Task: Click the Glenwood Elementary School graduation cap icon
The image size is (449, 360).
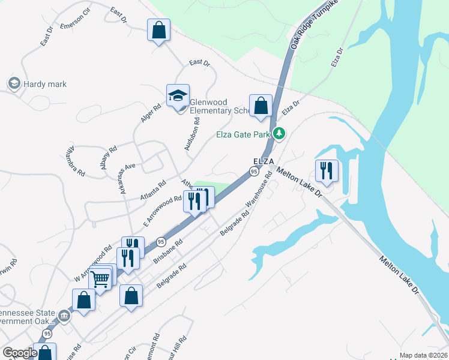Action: click(x=178, y=95)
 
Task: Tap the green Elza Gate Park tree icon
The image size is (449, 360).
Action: click(x=279, y=134)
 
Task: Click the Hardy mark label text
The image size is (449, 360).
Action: click(x=45, y=84)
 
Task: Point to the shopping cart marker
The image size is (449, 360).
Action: click(x=100, y=278)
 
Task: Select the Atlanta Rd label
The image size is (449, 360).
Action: click(x=152, y=191)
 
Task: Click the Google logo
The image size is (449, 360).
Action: click(x=20, y=353)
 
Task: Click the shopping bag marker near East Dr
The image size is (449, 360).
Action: click(x=158, y=30)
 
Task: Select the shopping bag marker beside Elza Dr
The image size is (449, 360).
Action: click(x=261, y=106)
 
